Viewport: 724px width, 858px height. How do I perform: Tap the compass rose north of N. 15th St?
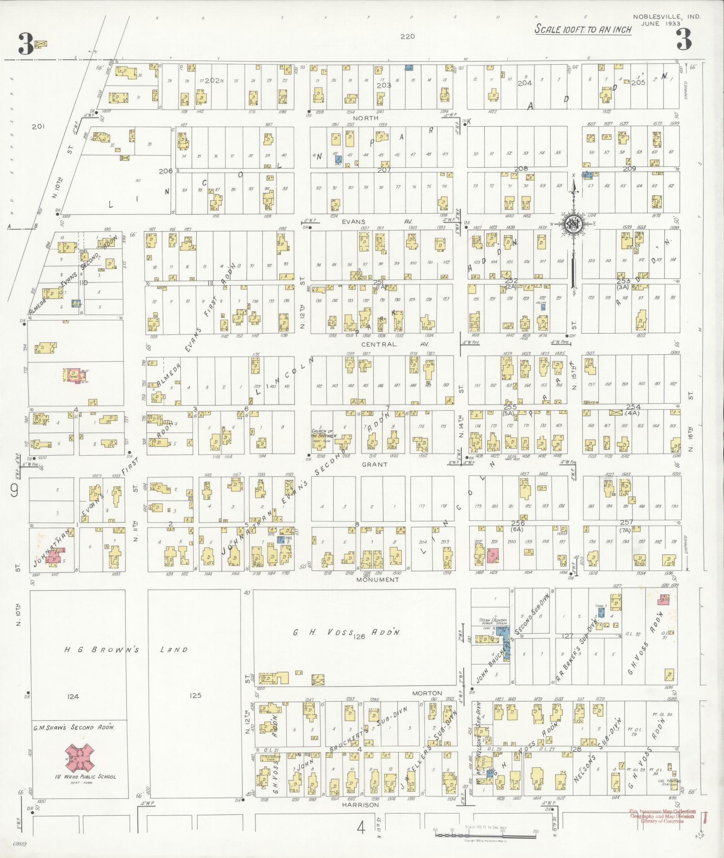[574, 223]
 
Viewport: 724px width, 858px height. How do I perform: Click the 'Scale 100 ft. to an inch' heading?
[583, 30]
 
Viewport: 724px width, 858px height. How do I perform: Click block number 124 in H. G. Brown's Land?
[73, 697]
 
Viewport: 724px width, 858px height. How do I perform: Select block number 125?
[195, 696]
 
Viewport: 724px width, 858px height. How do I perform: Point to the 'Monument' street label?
[377, 579]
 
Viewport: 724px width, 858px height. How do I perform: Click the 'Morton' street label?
[427, 693]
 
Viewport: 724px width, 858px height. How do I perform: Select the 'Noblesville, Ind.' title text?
[667, 17]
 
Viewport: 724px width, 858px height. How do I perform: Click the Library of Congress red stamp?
[663, 816]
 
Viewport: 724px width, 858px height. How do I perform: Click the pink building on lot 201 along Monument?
[492, 555]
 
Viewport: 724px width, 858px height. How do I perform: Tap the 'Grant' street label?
[374, 464]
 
